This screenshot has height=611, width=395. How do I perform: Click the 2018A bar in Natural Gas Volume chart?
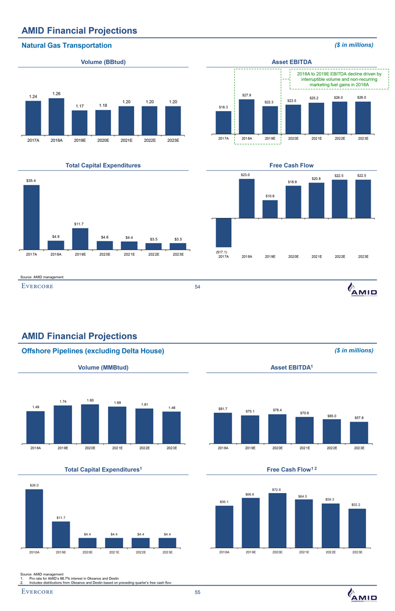click(x=56, y=116)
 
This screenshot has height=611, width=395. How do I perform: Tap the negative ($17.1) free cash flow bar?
click(x=224, y=233)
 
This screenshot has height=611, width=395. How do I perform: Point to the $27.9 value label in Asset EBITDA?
click(x=246, y=95)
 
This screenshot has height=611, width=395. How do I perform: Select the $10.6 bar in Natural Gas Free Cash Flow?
click(x=270, y=209)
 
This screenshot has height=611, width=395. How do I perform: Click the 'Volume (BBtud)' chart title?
click(x=103, y=62)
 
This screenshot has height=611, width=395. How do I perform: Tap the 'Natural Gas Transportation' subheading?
click(x=66, y=45)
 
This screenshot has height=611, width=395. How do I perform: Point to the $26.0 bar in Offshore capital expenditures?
click(x=34, y=518)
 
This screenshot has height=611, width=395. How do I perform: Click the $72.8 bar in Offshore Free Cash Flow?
click(x=276, y=520)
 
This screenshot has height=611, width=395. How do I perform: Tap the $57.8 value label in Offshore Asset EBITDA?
click(x=359, y=417)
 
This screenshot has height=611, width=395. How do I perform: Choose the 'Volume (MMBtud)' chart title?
click(x=103, y=367)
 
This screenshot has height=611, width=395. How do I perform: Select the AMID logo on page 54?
click(x=361, y=290)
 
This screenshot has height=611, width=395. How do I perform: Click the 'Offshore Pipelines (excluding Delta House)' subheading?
click(x=93, y=351)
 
